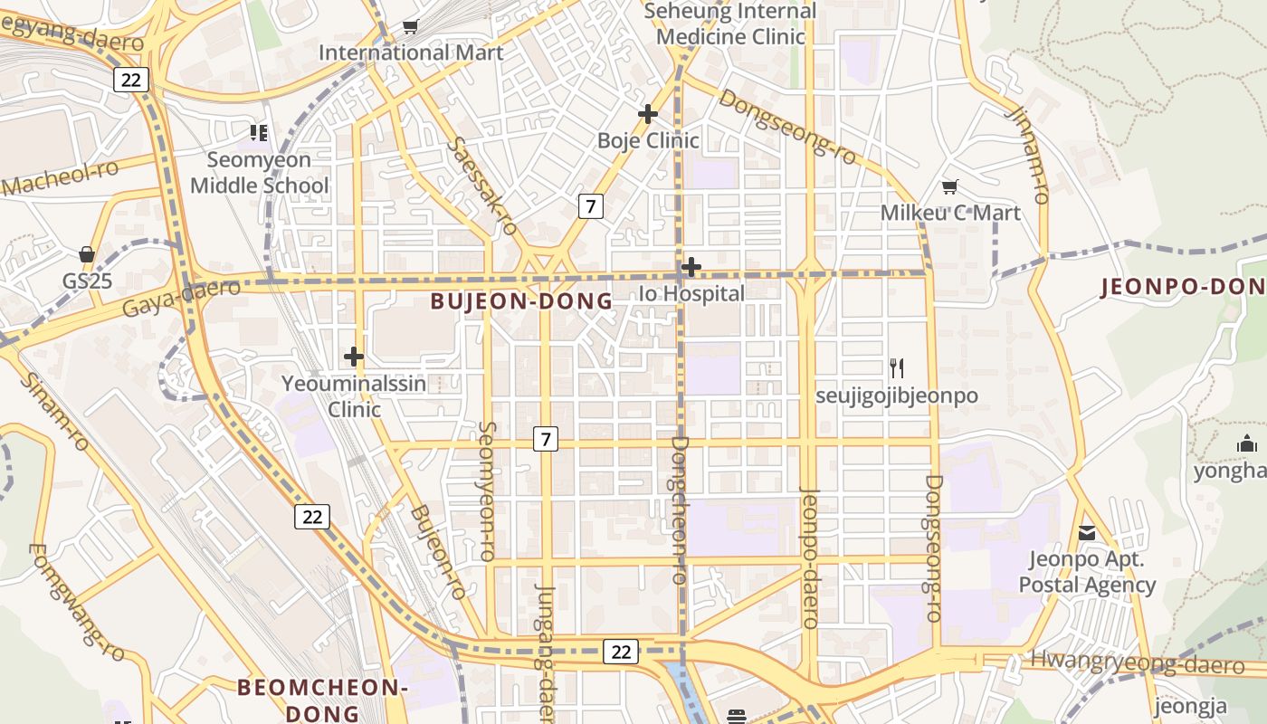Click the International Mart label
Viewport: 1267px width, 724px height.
[x=410, y=52]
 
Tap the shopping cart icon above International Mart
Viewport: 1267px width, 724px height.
[x=410, y=26]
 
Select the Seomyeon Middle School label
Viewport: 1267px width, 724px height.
[x=259, y=173]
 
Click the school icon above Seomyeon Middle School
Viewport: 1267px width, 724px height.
[x=260, y=133]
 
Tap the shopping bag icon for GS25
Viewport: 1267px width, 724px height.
[x=87, y=254]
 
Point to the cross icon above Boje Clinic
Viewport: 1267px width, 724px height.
[x=647, y=114]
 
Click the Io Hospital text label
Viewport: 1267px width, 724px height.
[x=691, y=293]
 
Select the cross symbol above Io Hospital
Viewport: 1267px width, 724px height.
[x=691, y=267]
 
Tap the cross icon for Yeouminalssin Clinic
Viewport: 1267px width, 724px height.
[x=354, y=357]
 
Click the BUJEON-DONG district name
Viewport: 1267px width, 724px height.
[x=521, y=301]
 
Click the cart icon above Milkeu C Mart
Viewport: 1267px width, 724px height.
[x=949, y=186]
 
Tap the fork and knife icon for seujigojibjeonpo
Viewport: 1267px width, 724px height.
[x=896, y=368]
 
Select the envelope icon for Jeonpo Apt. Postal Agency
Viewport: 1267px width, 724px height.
[x=1087, y=533]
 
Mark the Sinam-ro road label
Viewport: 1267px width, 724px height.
[x=54, y=412]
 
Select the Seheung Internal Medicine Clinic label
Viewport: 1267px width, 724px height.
[x=730, y=24]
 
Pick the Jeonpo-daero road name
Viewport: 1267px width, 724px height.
[x=809, y=557]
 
